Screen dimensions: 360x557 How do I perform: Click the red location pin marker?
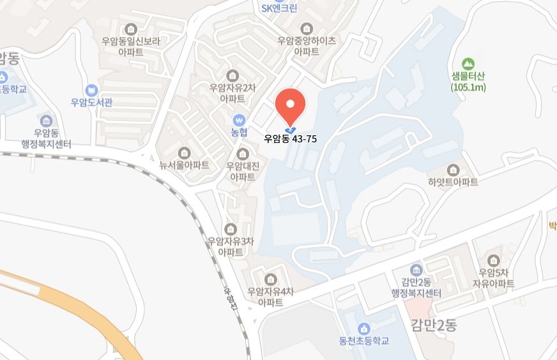290,105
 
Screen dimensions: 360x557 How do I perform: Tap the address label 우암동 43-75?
290,138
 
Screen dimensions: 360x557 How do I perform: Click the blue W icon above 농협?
239,120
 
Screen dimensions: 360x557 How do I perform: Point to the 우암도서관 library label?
92,102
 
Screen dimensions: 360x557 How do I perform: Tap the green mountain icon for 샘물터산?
468,64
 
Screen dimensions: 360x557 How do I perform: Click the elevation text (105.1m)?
468,87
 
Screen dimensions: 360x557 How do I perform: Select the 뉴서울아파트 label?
185,165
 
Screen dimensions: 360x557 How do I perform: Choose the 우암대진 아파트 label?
242,171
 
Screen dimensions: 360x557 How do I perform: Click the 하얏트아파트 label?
454,182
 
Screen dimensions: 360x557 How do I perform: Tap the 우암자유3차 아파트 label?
231,246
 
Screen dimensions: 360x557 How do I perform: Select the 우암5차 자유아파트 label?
492,277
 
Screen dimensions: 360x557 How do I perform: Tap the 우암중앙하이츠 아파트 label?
307,45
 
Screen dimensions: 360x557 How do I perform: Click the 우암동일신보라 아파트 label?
131,45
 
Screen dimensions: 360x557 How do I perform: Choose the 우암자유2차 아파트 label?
233,93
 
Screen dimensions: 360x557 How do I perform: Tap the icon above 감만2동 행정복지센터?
416,270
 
